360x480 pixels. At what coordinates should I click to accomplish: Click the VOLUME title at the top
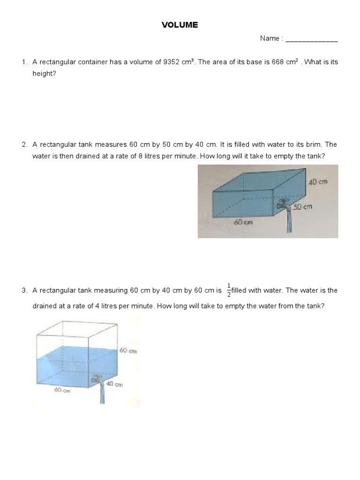click(180, 25)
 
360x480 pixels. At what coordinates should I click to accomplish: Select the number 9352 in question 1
click(171, 62)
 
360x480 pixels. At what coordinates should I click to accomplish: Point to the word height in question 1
click(44, 74)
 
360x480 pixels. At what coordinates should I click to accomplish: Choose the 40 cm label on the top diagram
click(317, 182)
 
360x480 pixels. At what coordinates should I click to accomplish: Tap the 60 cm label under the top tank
click(243, 222)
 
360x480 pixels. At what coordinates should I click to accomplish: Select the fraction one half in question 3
click(229, 290)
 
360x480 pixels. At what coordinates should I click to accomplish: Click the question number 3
click(24, 291)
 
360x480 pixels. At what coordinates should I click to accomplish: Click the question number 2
click(24, 144)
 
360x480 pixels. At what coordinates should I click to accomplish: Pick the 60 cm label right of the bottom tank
click(128, 351)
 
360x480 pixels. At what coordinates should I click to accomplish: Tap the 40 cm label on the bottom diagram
click(114, 384)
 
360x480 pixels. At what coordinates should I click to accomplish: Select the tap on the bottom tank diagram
click(98, 379)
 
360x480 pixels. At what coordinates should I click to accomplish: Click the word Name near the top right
click(270, 38)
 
